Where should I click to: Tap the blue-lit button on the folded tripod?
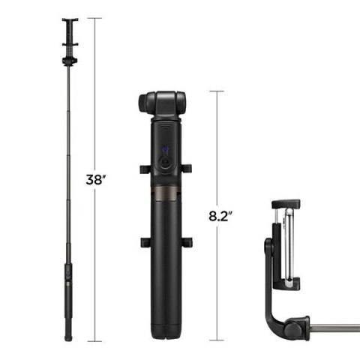[164, 152]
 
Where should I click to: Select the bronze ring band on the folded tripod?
[164, 196]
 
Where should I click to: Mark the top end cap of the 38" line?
[94, 18]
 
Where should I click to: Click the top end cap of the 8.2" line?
[217, 91]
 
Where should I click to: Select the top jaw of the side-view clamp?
[285, 204]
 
